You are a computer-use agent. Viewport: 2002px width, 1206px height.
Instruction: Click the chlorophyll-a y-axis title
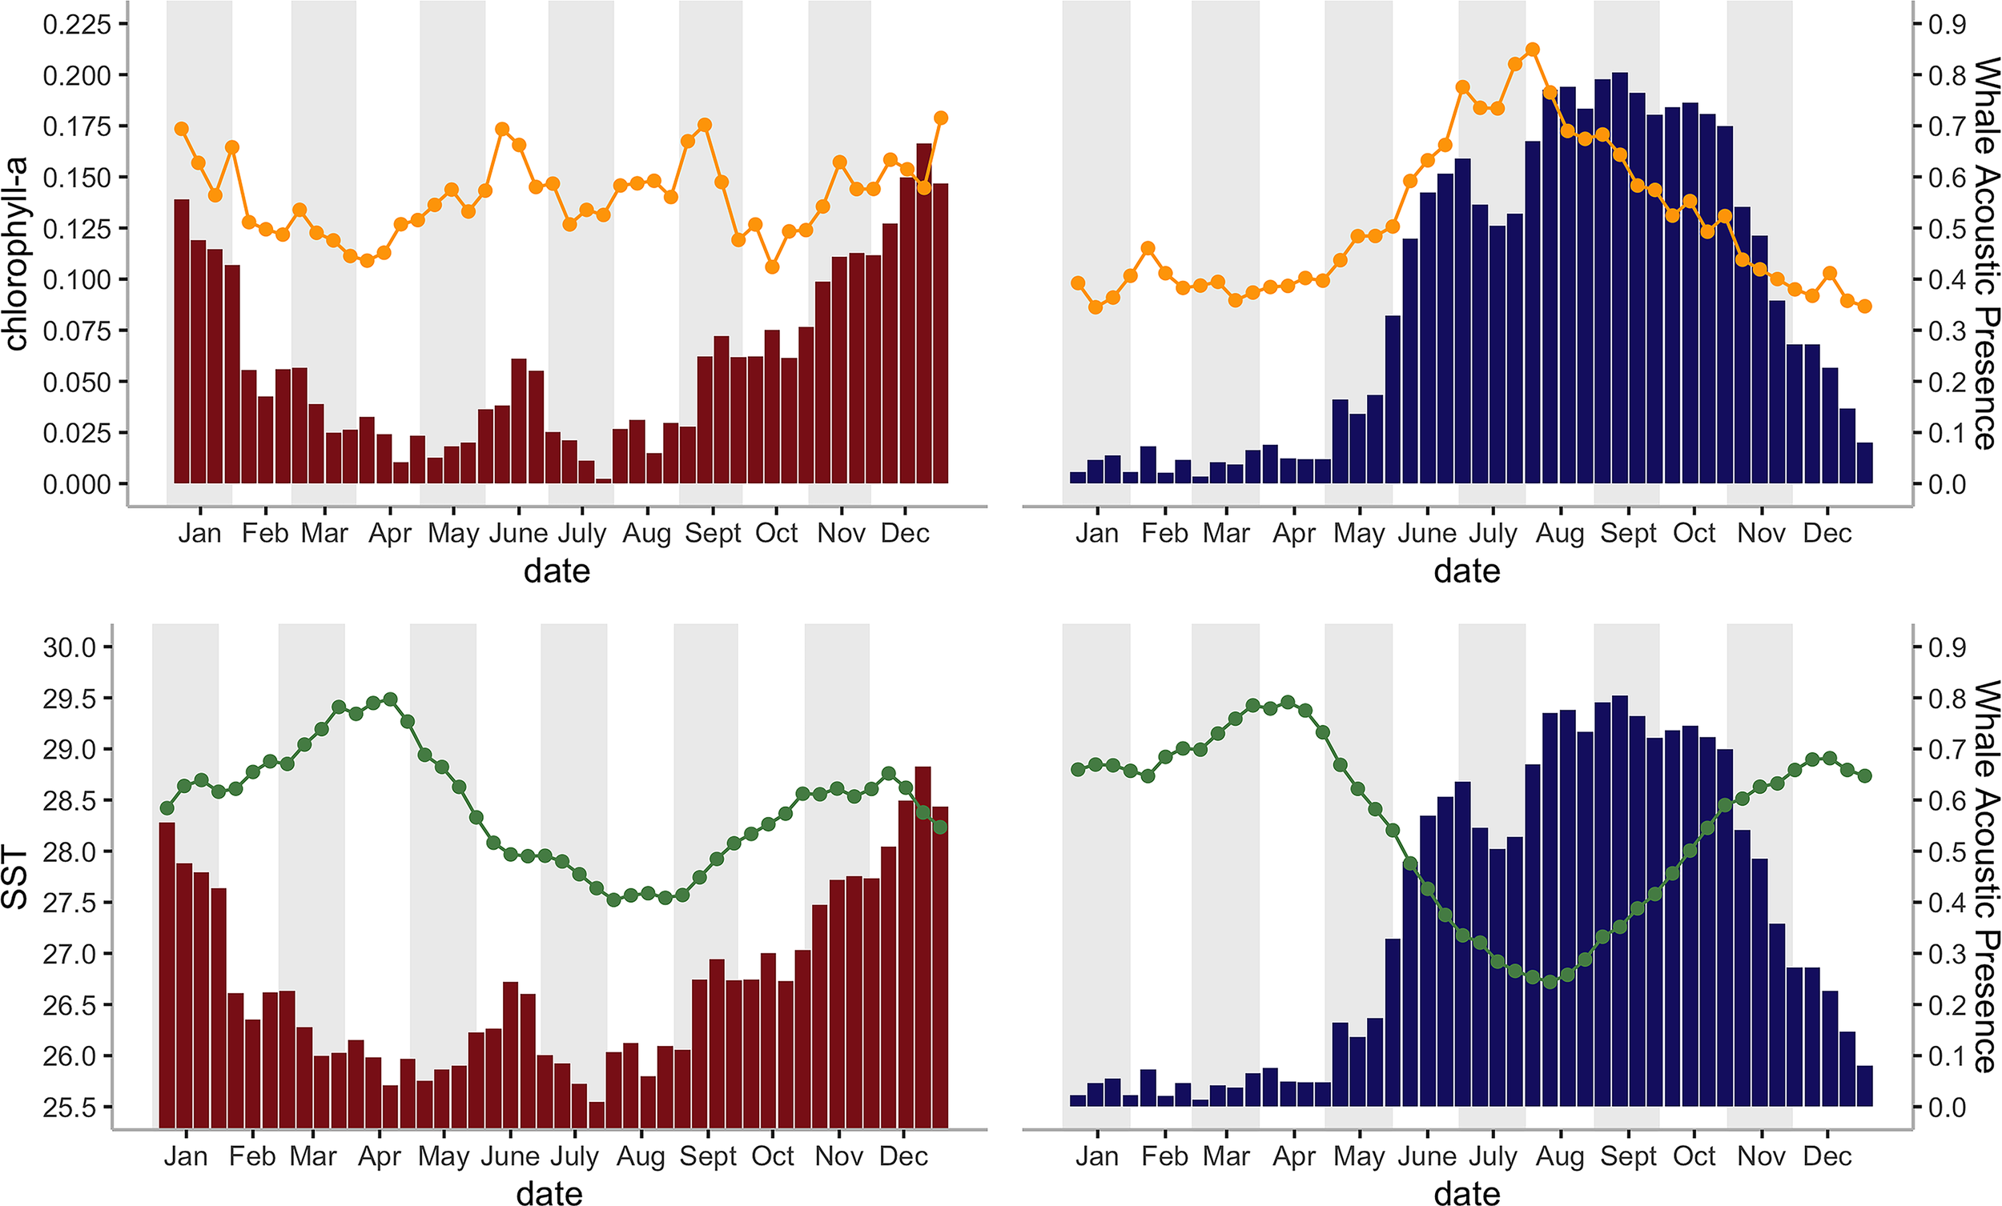click(x=16, y=254)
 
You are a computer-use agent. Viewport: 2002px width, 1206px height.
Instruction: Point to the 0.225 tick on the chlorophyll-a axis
click(x=76, y=24)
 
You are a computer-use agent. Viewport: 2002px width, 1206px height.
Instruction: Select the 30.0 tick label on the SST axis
click(x=69, y=647)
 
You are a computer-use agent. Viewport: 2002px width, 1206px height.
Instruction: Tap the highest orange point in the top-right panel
click(x=1533, y=50)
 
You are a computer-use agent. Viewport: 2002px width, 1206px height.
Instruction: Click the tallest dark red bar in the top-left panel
click(x=924, y=313)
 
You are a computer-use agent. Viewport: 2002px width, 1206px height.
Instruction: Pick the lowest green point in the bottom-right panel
click(x=1550, y=982)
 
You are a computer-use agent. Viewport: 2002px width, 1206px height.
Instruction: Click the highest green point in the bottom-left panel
click(x=390, y=699)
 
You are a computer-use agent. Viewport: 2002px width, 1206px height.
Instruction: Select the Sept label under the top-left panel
click(x=713, y=534)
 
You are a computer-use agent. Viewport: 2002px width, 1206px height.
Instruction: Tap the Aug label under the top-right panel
click(x=1559, y=534)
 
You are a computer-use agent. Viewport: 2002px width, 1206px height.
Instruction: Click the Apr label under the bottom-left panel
click(x=380, y=1156)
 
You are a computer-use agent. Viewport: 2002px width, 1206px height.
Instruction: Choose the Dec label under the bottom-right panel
click(x=1827, y=1156)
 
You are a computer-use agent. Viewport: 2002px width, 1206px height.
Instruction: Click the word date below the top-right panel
click(x=1466, y=571)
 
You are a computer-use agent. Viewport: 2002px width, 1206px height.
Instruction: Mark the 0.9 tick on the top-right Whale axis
click(x=1947, y=24)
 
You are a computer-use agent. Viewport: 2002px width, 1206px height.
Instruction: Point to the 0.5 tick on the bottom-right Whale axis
click(x=1947, y=852)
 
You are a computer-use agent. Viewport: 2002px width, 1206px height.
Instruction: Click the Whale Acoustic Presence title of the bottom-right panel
click(x=1986, y=876)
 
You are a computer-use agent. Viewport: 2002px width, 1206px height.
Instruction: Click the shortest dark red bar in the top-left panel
click(x=604, y=481)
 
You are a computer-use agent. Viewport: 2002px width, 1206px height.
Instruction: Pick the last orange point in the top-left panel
click(x=941, y=118)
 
